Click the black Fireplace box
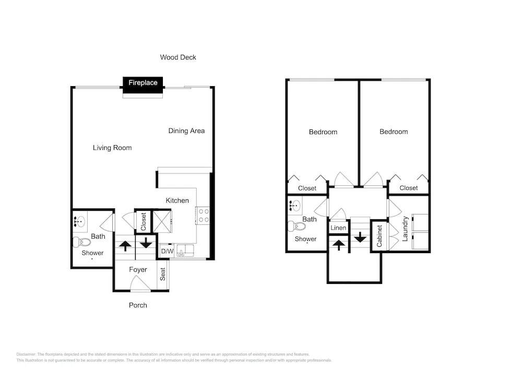[143, 85]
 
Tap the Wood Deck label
[178, 57]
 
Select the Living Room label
[112, 148]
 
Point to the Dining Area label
[186, 131]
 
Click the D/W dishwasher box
[167, 251]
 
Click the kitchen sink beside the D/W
[185, 250]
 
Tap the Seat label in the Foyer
[163, 274]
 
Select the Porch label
[138, 305]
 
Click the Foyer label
[138, 269]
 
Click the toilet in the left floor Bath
[81, 242]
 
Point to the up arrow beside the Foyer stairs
[125, 246]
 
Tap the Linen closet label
[338, 228]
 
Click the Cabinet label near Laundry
[379, 236]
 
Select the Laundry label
[405, 229]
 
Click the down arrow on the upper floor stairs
[360, 237]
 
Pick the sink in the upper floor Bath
[294, 205]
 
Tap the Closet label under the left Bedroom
[307, 188]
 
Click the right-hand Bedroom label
[394, 132]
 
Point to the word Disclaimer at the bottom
[26, 354]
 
